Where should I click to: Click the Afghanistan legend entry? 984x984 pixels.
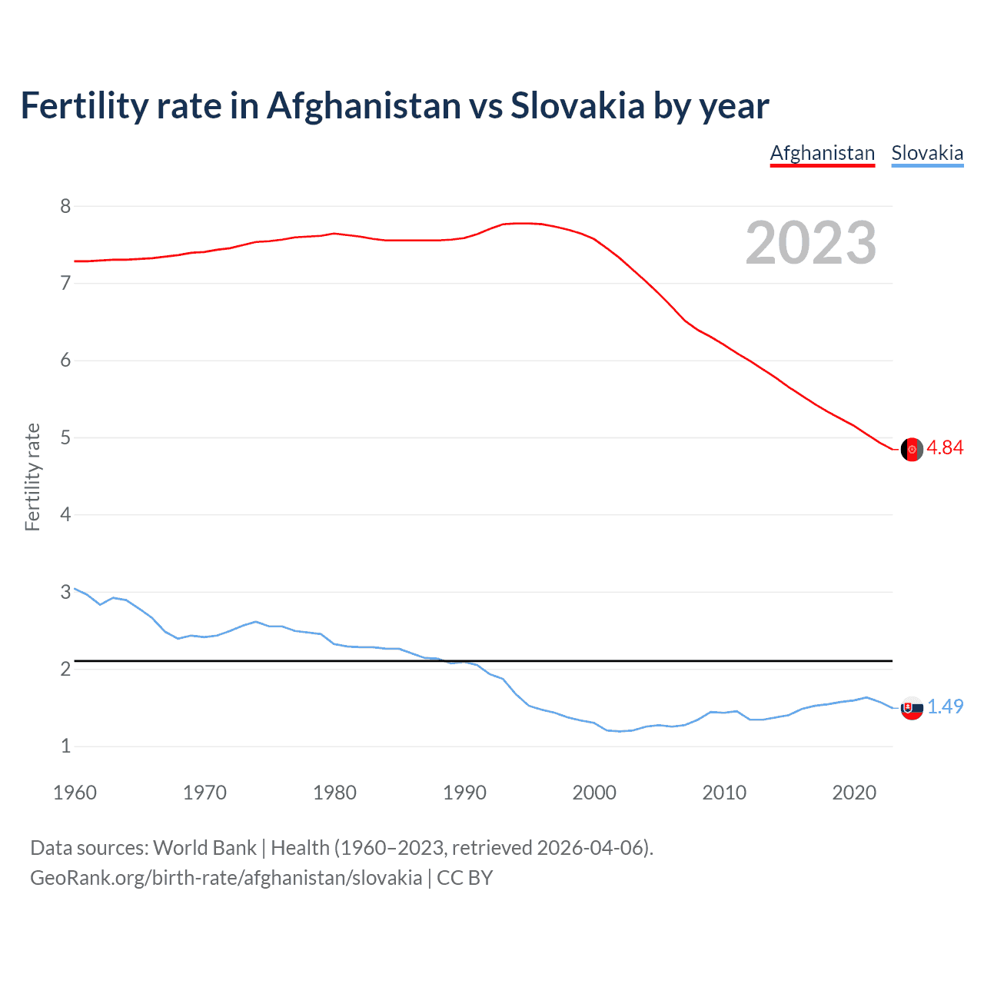823,153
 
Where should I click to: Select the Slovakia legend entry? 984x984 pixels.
927,153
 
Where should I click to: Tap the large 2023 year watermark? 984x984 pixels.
811,243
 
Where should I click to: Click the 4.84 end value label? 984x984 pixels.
945,447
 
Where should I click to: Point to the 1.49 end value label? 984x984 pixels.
945,706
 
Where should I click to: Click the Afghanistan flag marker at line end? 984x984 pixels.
912,450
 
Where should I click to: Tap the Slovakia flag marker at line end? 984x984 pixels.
912,708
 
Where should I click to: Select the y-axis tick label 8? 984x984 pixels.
65,206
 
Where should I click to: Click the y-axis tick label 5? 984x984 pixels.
65,437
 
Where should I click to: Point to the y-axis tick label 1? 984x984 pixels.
65,746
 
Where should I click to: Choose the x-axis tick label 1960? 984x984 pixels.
75,793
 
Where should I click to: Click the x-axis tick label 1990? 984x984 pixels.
464,793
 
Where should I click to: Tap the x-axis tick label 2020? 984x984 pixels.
854,793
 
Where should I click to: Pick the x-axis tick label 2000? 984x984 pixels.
594,793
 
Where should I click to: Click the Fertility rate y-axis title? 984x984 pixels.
32,477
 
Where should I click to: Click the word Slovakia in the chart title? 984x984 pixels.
577,106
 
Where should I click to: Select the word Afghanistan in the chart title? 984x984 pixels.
364,106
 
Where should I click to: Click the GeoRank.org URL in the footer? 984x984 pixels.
226,878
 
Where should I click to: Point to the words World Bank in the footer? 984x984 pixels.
204,848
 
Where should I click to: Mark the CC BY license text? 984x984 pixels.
464,878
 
